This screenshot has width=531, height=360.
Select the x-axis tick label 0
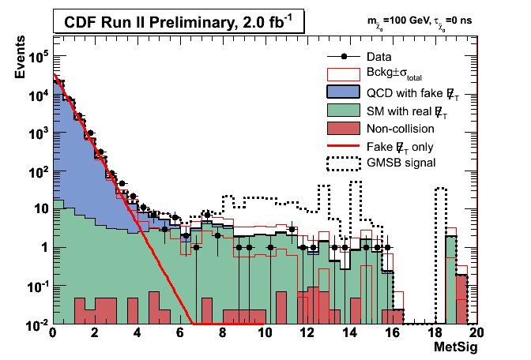pos(52,333)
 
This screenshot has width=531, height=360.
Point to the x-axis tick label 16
pos(390,333)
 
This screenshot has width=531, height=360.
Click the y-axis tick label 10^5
pos(36,56)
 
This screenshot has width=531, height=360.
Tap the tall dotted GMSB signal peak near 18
pos(441,189)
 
